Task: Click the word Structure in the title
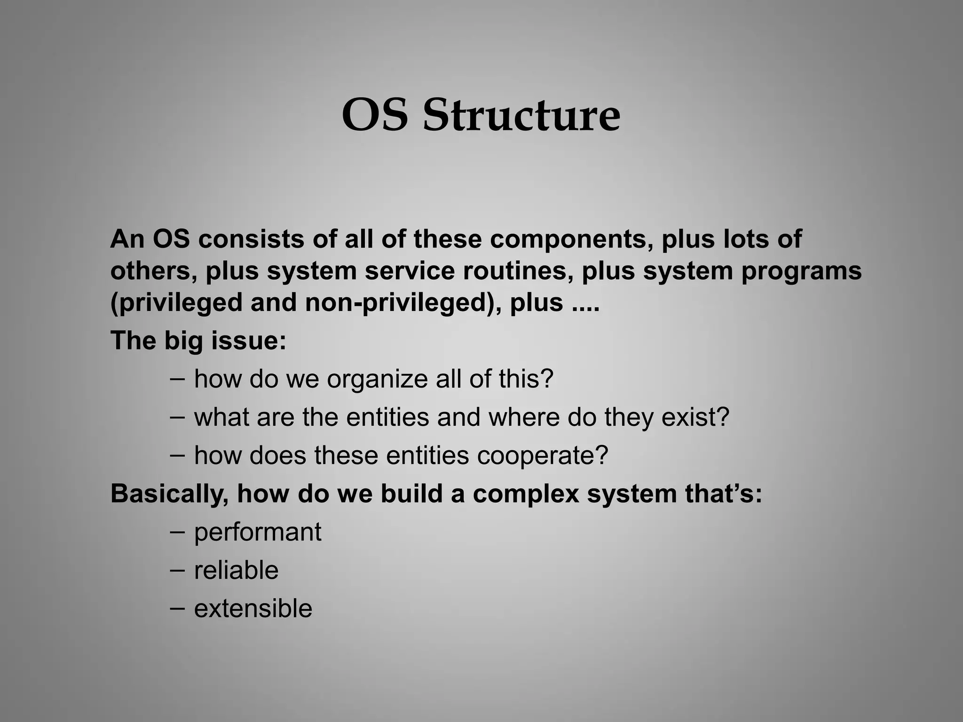click(521, 115)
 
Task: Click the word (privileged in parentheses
click(176, 302)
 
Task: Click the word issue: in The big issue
click(248, 340)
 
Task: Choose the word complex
click(526, 494)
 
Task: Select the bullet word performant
click(258, 532)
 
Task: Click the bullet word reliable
click(236, 571)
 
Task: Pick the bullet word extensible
click(253, 609)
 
